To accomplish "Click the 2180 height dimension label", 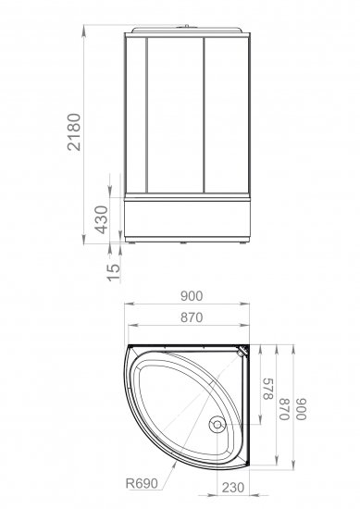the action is tap(74, 131).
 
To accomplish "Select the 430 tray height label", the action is tap(101, 219).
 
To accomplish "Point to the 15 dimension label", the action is tap(114, 272).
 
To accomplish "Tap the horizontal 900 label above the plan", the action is tap(192, 296).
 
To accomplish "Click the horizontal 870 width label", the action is tap(192, 317).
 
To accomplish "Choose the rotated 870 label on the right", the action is tap(284, 409).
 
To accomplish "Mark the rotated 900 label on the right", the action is tap(302, 409).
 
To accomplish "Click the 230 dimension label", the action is tap(233, 487).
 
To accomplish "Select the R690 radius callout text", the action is tap(142, 483).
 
